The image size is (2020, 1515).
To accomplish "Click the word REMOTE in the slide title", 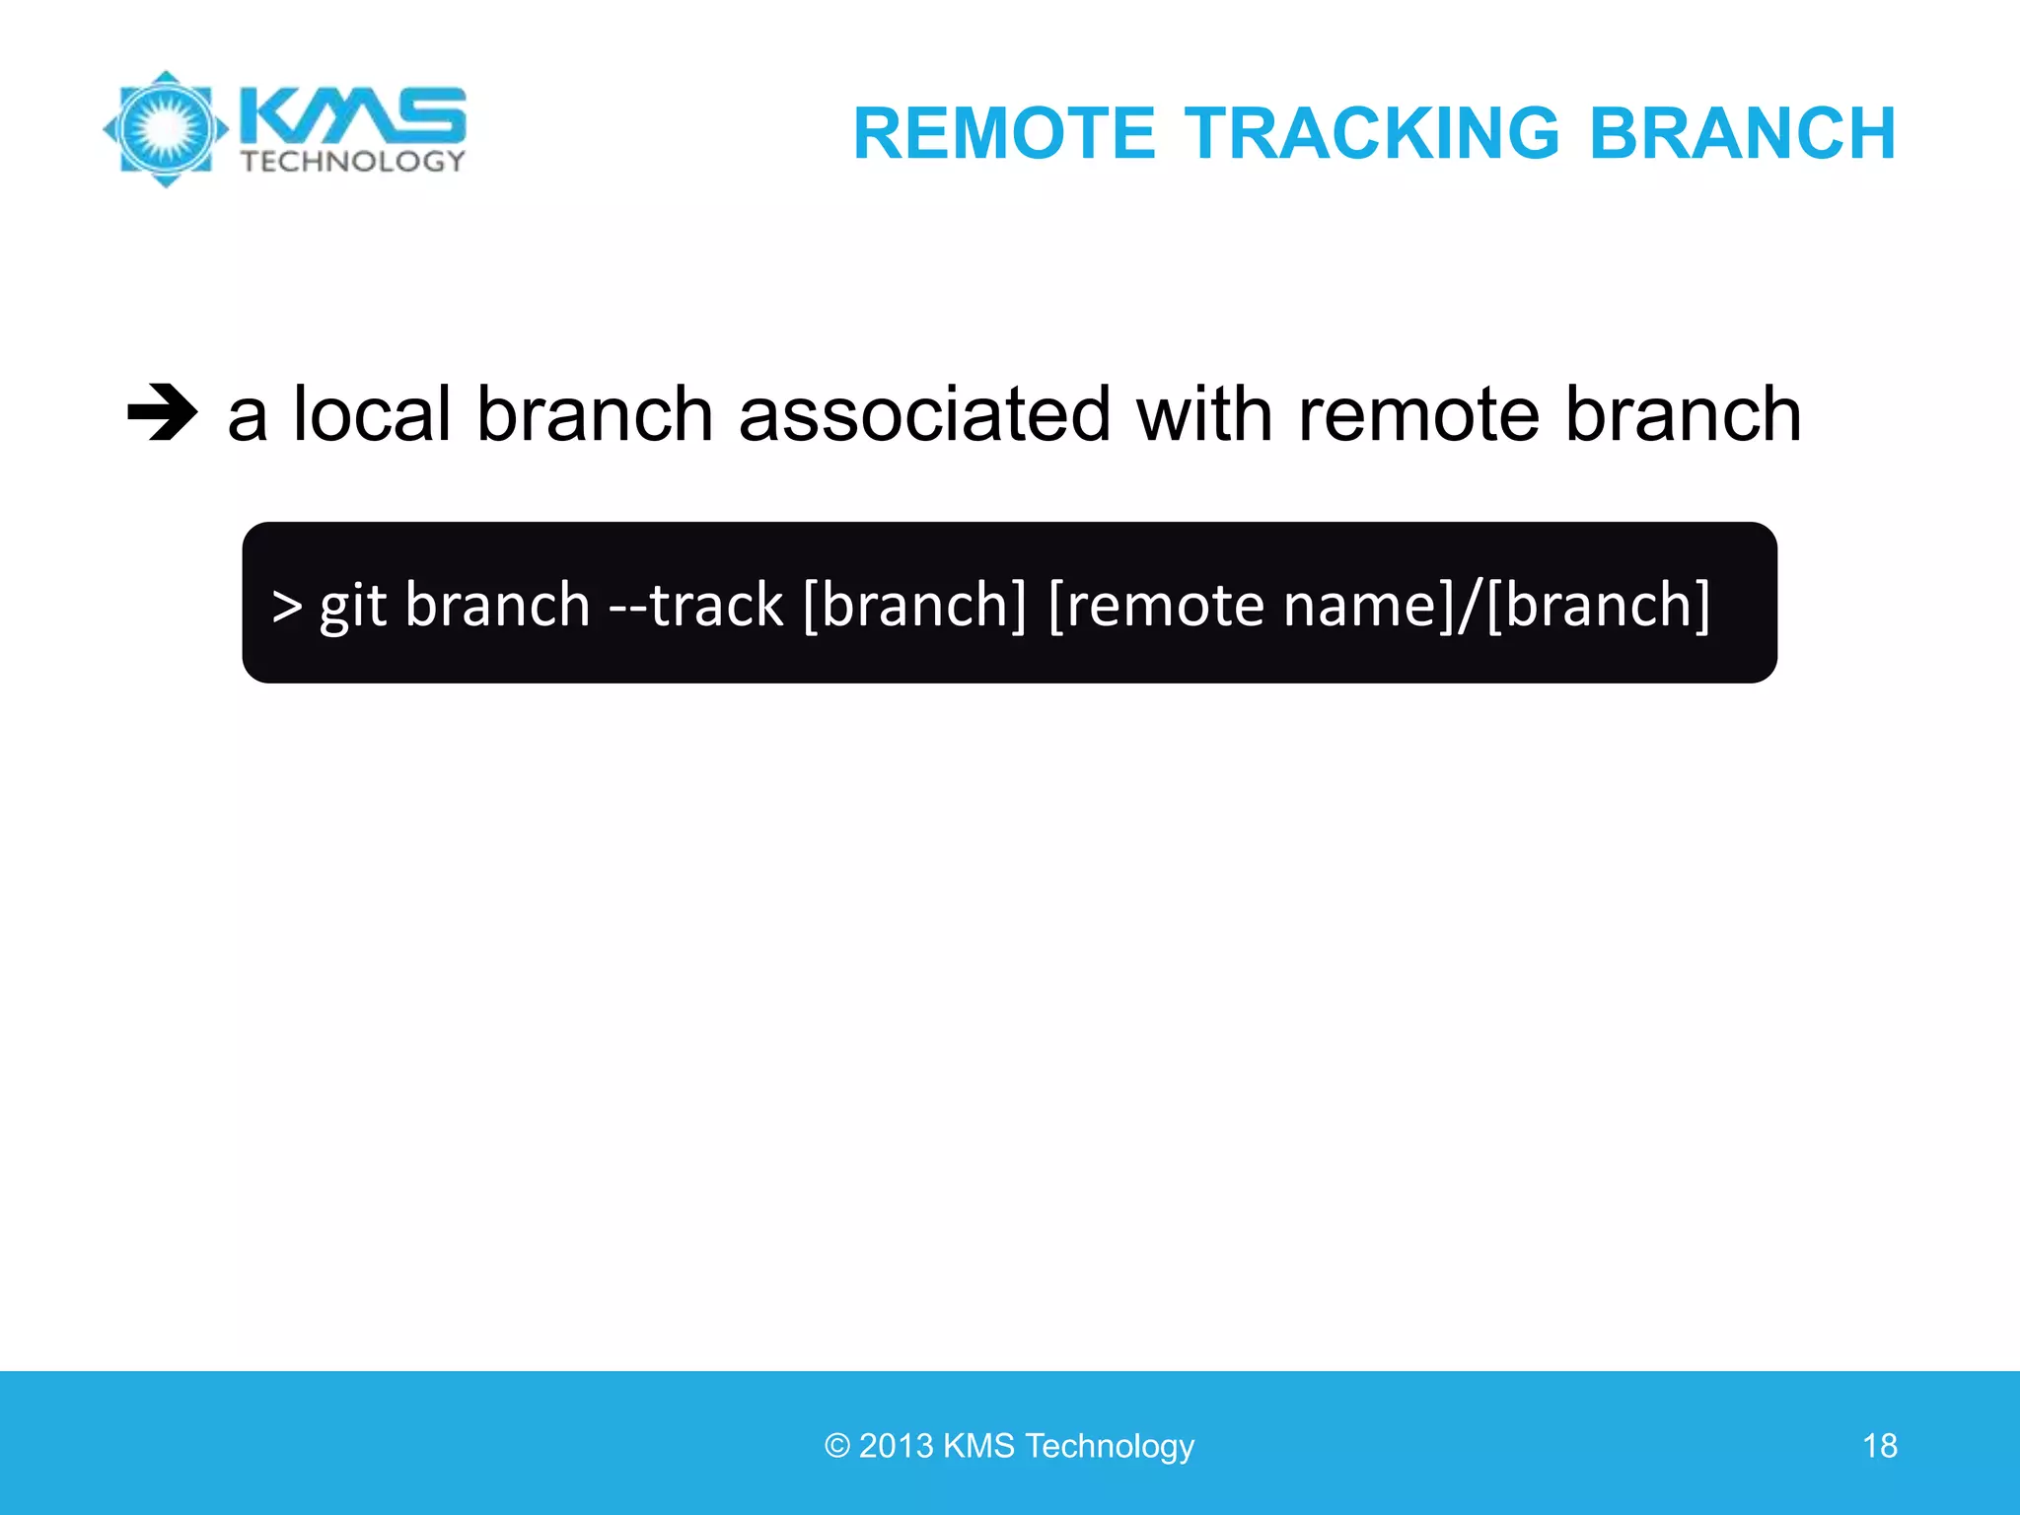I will [x=1003, y=133].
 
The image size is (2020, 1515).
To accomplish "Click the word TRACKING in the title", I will [x=1371, y=133].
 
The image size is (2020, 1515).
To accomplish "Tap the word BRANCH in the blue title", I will [x=1742, y=133].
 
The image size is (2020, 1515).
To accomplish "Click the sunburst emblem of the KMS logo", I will [x=166, y=129].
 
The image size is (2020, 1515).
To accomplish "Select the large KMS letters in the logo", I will [x=352, y=115].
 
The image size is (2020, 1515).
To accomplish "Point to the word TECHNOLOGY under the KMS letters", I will [x=352, y=162].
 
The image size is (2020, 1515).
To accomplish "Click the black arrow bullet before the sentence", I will [x=163, y=412].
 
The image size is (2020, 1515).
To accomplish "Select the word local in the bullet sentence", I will [x=372, y=414].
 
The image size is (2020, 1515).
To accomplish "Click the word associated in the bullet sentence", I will [x=924, y=414].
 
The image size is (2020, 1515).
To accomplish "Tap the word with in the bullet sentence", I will [x=1204, y=414].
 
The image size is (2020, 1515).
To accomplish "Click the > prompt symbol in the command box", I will [x=287, y=605].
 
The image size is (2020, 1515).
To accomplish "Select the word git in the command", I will [x=352, y=605].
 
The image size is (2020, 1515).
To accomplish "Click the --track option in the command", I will [x=696, y=605].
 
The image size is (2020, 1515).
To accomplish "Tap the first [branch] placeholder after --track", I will [x=915, y=605].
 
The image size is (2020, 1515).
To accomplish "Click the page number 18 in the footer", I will [x=1879, y=1446].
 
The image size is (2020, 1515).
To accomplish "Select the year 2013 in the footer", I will [x=896, y=1446].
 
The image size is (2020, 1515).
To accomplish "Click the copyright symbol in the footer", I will [x=837, y=1446].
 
